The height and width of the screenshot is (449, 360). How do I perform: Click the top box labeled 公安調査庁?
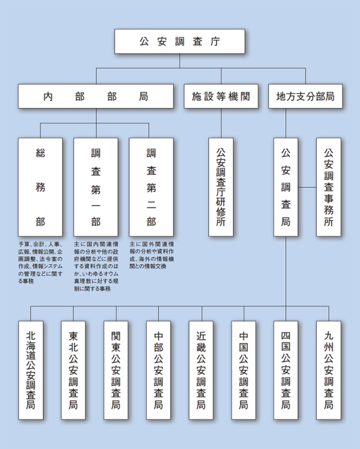pyautogui.click(x=180, y=41)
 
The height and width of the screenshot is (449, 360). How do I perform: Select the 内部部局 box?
pyautogui.click(x=96, y=96)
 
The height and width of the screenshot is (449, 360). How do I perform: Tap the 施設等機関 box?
pyautogui.click(x=221, y=96)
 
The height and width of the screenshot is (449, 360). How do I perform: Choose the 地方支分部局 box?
pyautogui.click(x=305, y=96)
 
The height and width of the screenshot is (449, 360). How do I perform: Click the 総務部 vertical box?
pyautogui.click(x=40, y=187)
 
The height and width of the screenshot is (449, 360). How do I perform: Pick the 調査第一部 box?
pyautogui.click(x=96, y=187)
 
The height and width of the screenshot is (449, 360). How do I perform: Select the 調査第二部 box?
pyautogui.click(x=151, y=187)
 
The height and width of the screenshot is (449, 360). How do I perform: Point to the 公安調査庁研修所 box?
pyautogui.click(x=221, y=187)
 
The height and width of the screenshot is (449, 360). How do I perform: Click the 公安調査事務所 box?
pyautogui.click(x=328, y=187)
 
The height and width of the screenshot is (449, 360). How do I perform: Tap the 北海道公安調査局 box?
pyautogui.click(x=31, y=370)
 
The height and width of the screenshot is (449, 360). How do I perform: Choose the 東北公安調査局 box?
pyautogui.click(x=73, y=370)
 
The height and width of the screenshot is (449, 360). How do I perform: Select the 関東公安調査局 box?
pyautogui.click(x=116, y=370)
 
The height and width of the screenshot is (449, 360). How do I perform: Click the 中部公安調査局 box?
pyautogui.click(x=158, y=370)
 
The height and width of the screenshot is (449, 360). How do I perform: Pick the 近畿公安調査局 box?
pyautogui.click(x=201, y=370)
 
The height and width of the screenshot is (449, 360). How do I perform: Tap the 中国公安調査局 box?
pyautogui.click(x=244, y=370)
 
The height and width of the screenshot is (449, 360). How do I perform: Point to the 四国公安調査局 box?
pyautogui.click(x=286, y=370)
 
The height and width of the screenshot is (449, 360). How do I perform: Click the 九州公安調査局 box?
pyautogui.click(x=328, y=370)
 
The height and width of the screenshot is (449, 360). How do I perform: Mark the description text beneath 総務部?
pyautogui.click(x=40, y=262)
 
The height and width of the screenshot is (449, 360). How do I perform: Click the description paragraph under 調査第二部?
pyautogui.click(x=152, y=255)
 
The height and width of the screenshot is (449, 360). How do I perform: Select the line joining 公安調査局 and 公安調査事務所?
pyautogui.click(x=307, y=188)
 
